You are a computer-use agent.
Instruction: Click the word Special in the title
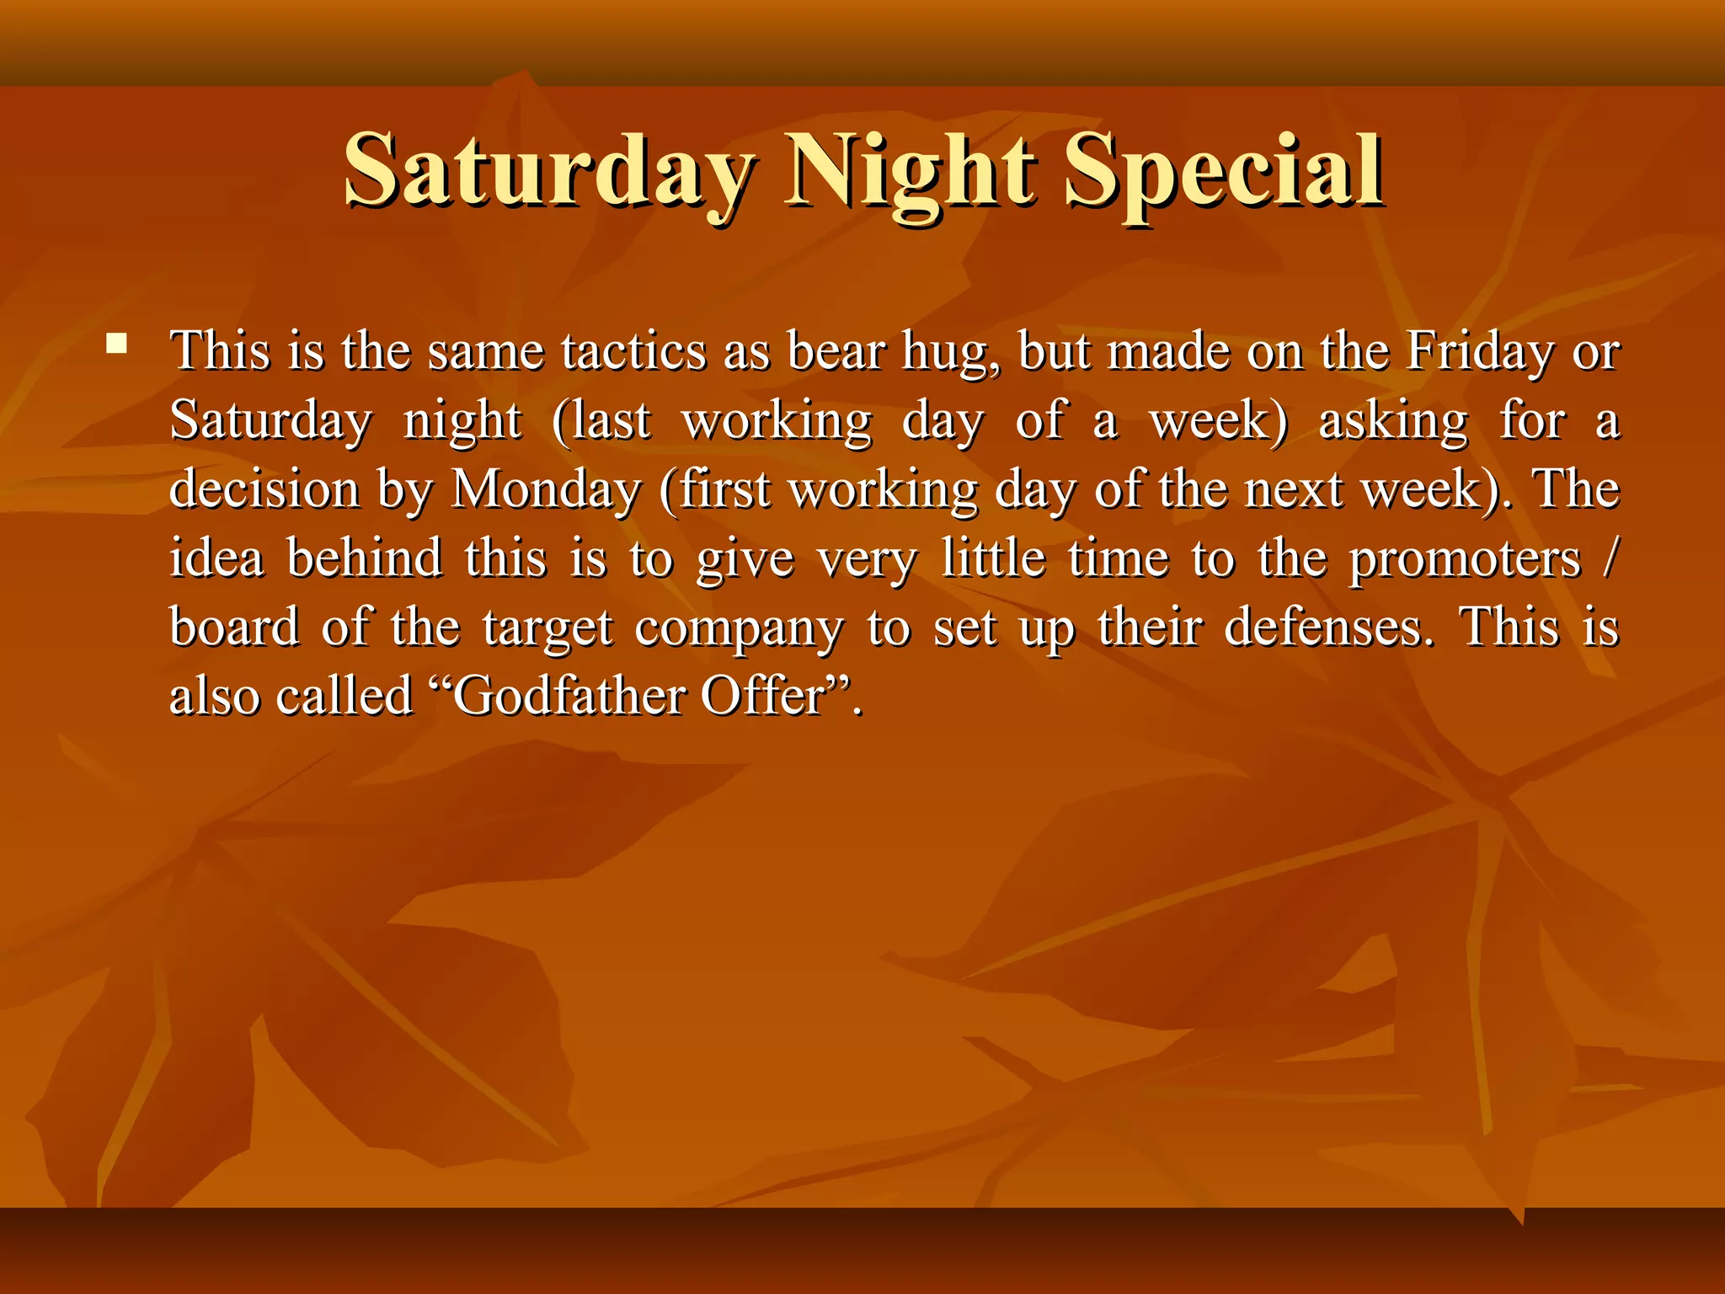click(x=1222, y=173)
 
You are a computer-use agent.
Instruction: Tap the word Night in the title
click(x=910, y=173)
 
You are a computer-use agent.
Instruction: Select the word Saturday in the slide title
click(x=548, y=173)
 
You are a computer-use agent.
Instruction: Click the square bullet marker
click(x=117, y=344)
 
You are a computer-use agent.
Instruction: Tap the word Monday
click(x=547, y=489)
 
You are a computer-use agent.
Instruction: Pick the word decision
click(x=264, y=489)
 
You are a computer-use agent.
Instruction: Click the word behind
click(x=364, y=559)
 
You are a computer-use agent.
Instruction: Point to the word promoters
click(x=1465, y=560)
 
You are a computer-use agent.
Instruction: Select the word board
click(x=234, y=628)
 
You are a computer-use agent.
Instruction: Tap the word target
click(x=547, y=629)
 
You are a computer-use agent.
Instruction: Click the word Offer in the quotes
click(x=762, y=697)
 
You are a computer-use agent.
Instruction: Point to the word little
click(x=993, y=559)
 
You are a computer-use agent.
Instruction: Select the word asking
click(x=1393, y=422)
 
